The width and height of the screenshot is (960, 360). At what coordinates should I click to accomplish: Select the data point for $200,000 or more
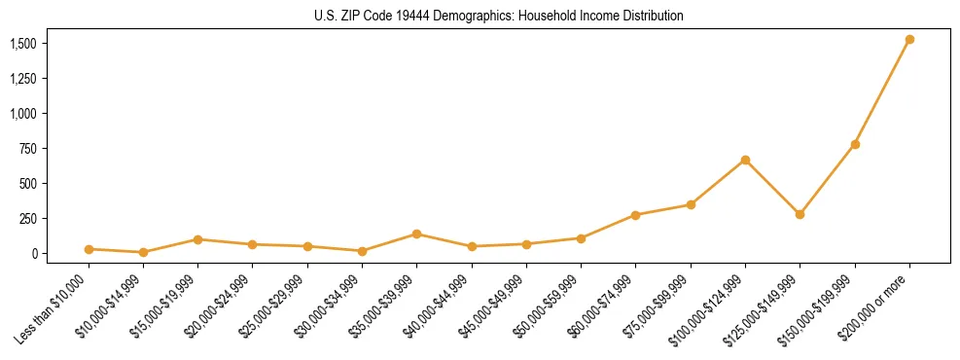click(909, 40)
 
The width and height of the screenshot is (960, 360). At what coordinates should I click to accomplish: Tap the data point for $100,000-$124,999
click(745, 160)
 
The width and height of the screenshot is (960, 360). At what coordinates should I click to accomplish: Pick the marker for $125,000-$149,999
click(800, 214)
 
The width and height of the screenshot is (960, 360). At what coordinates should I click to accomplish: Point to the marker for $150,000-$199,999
click(855, 144)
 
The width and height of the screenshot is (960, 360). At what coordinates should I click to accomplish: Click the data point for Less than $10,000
click(89, 249)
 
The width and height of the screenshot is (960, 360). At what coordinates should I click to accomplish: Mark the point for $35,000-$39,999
click(416, 234)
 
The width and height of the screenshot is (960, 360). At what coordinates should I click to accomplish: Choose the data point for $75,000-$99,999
click(691, 204)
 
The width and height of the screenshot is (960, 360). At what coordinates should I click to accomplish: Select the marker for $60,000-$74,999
click(635, 215)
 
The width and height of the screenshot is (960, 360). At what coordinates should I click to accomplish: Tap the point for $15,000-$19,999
click(197, 239)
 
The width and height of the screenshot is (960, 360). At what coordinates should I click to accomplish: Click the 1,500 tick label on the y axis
click(23, 44)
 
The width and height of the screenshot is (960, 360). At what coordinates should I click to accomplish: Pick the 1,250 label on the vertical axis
click(23, 79)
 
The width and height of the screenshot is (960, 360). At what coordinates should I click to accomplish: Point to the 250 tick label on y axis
click(29, 219)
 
